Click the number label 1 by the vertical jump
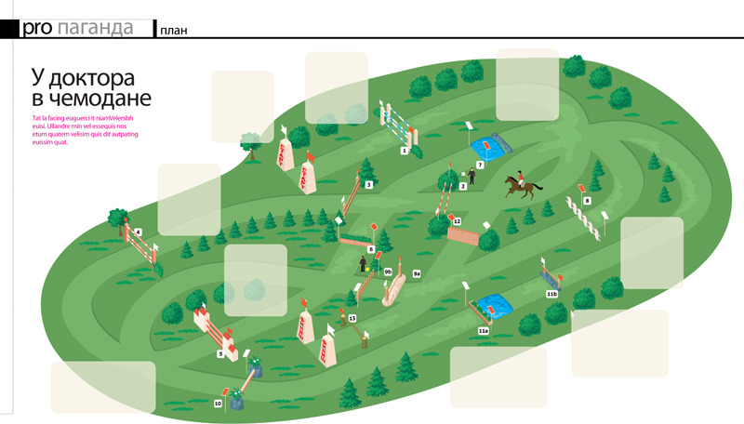405,149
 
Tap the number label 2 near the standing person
463,186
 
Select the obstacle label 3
369,186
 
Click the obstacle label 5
220,353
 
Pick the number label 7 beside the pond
481,165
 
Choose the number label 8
587,201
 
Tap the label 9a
418,273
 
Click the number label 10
218,404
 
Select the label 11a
483,330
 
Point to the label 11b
551,294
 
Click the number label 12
457,221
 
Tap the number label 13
352,318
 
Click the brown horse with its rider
521,186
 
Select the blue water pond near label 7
490,146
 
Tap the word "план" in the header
174,30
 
